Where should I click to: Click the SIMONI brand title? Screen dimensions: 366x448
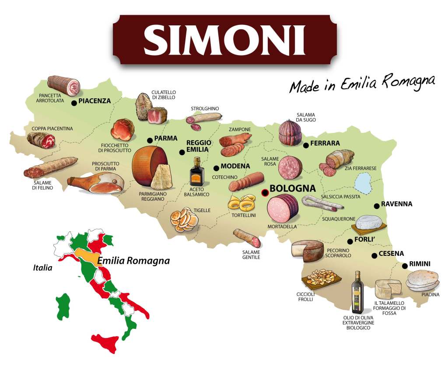point(224,39)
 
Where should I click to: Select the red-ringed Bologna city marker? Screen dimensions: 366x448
point(264,192)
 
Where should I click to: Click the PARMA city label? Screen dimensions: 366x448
point(166,138)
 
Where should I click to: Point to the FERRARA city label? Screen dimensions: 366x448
point(325,143)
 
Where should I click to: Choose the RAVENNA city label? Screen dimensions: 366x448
point(396,204)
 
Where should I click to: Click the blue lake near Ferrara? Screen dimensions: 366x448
point(363,182)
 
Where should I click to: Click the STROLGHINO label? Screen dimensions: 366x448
point(205,108)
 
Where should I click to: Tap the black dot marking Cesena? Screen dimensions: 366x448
point(374,256)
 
